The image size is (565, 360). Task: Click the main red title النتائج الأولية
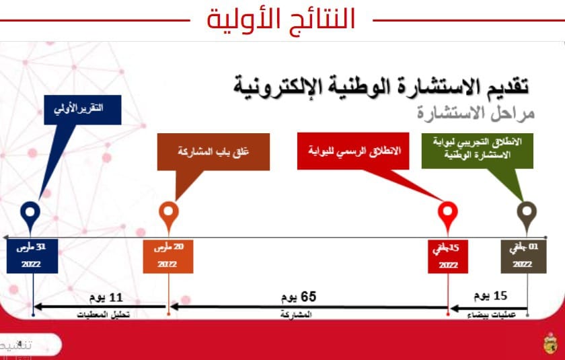click(281, 19)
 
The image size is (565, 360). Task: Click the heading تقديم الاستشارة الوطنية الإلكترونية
click(381, 85)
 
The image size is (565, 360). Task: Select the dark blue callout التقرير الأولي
click(83, 111)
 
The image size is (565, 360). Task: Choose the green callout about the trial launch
click(477, 149)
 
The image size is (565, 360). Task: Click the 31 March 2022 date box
click(32, 256)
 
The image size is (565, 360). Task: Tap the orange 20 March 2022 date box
click(168, 256)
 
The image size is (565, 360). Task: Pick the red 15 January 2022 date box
click(448, 256)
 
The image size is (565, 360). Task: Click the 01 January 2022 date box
click(523, 256)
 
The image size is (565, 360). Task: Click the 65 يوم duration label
click(299, 297)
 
